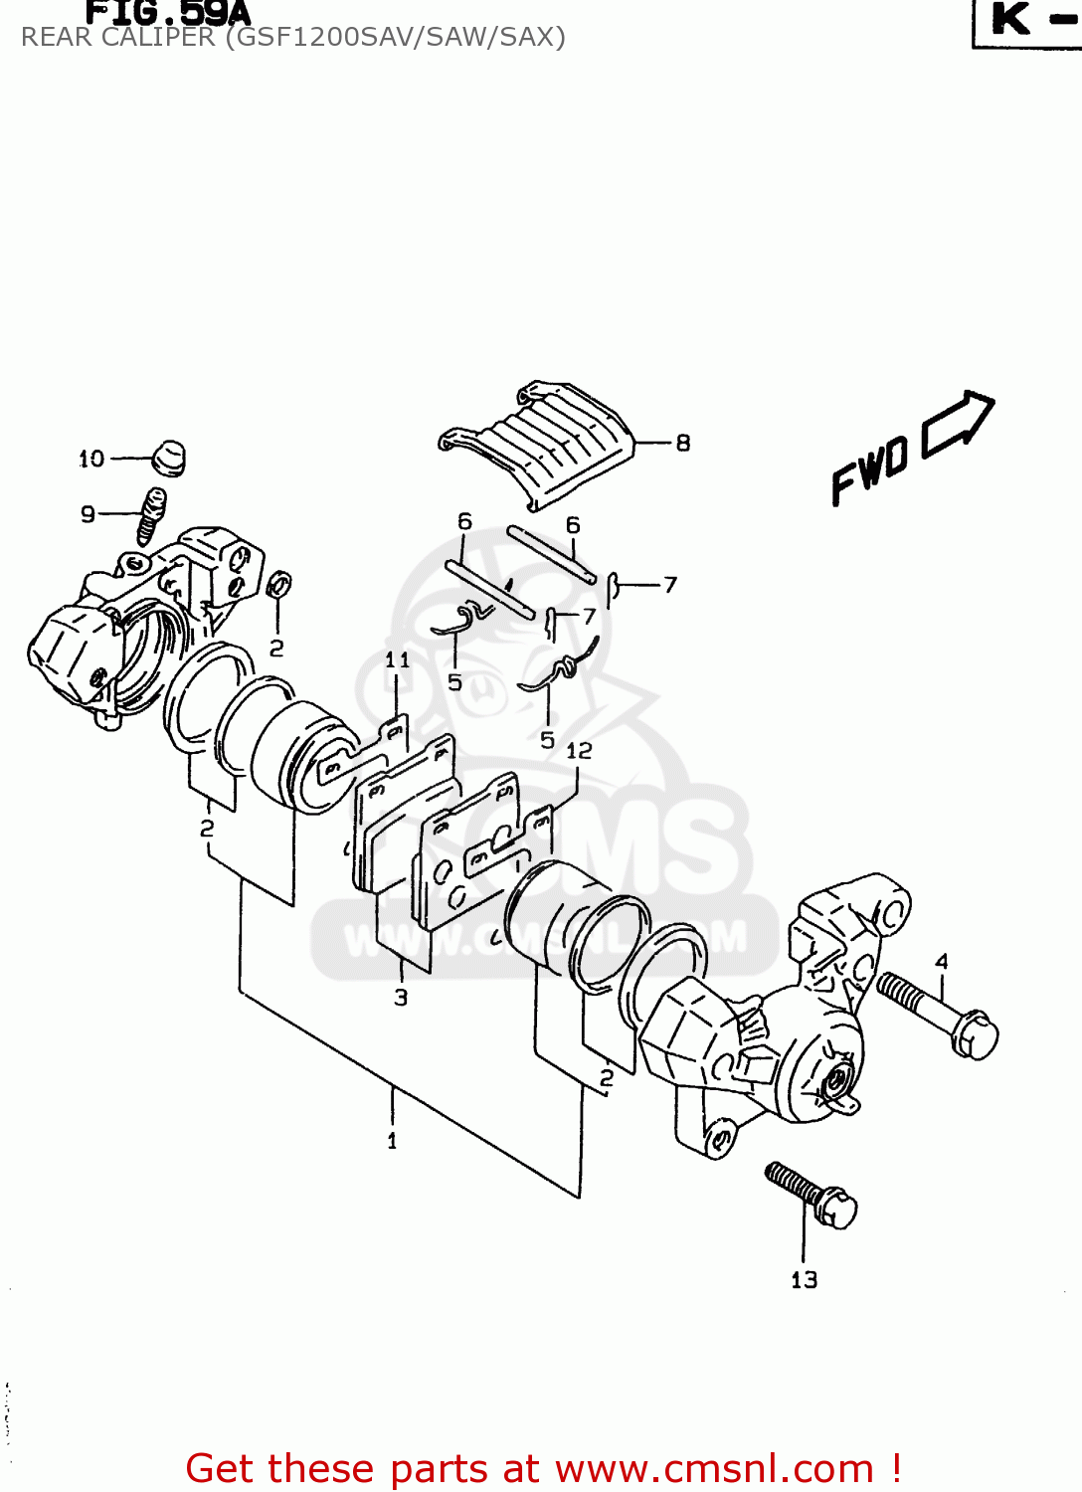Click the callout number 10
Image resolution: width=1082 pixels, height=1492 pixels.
point(91,459)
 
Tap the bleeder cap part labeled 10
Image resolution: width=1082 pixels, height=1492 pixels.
point(168,458)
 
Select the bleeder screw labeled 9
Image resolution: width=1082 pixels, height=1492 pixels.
point(151,514)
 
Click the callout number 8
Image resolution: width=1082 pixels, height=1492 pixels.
point(683,443)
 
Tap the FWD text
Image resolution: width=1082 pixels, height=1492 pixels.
point(870,469)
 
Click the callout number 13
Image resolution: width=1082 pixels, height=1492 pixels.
point(804,1280)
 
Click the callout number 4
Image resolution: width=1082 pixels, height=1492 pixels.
point(941,961)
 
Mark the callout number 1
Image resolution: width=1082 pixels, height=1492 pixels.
point(392,1141)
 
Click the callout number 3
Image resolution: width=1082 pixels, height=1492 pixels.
point(401,997)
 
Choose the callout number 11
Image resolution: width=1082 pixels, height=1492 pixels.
point(397,659)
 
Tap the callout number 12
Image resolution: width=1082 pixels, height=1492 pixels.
point(579,751)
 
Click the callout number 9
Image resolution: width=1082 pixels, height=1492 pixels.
point(88,514)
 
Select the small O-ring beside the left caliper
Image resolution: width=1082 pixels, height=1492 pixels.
point(280,586)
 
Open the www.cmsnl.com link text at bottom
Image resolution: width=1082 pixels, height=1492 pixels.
point(714,1468)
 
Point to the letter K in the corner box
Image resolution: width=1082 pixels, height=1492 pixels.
point(1010,19)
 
